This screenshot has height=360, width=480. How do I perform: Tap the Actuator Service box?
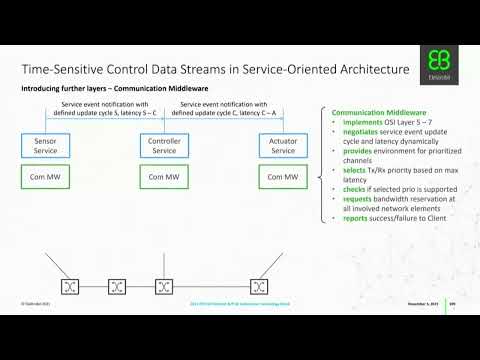point(280,146)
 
